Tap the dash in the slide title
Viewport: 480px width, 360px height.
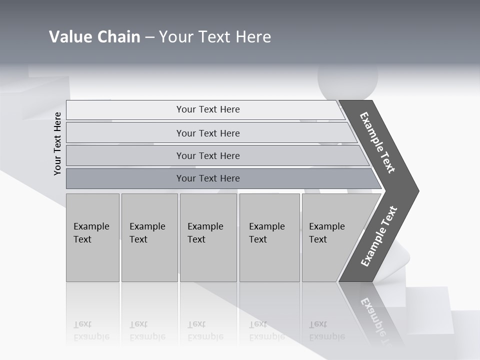click(149, 37)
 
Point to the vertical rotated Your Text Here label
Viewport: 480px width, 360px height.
click(57, 144)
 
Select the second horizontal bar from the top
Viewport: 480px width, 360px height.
click(207, 133)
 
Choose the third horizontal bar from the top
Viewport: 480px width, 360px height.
click(207, 155)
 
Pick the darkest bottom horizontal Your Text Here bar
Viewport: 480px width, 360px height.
click(207, 178)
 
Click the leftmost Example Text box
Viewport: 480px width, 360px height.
click(92, 237)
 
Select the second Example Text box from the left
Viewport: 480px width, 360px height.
click(149, 237)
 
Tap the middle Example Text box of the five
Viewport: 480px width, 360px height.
click(208, 237)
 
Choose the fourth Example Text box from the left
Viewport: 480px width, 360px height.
click(269, 237)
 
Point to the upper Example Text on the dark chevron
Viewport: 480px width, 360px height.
click(378, 142)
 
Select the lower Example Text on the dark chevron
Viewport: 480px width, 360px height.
click(379, 236)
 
